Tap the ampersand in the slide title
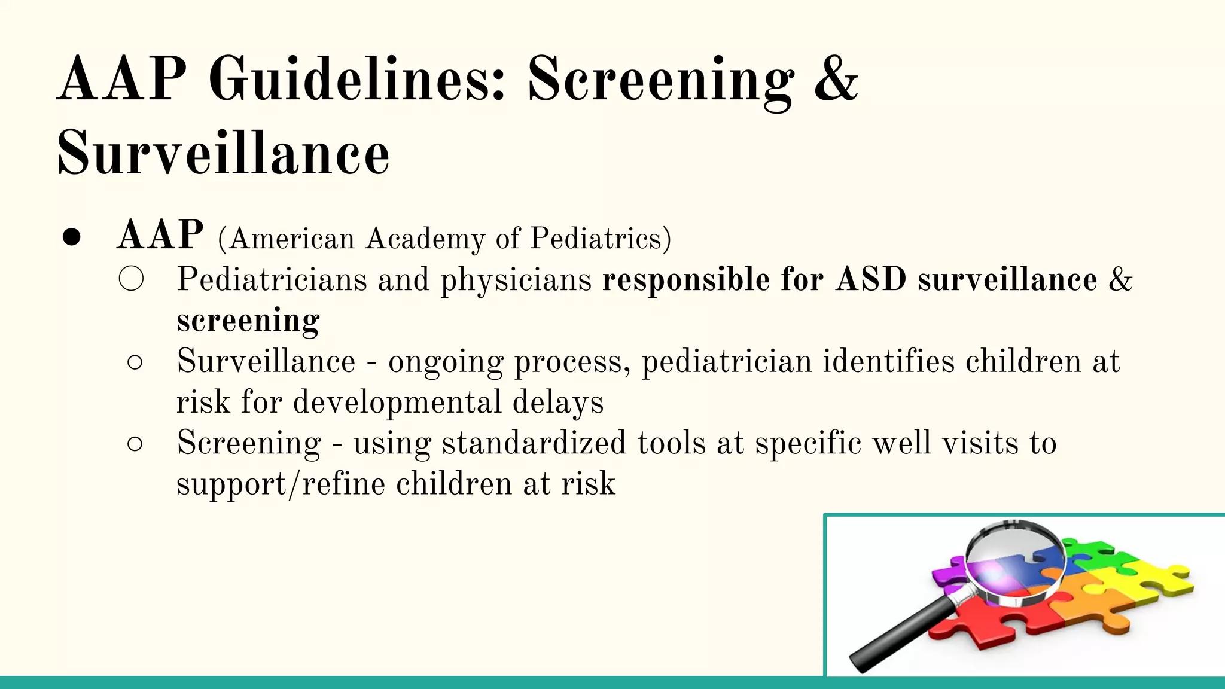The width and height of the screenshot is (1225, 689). tap(836, 80)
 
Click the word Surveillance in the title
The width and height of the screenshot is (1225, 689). tap(223, 154)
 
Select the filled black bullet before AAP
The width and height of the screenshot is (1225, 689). tap(71, 237)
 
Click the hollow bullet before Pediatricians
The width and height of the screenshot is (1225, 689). tap(131, 279)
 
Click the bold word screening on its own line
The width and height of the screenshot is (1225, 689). tap(248, 321)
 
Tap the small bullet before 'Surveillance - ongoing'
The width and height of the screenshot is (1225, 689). tap(135, 362)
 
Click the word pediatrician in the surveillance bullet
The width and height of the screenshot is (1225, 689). tap(727, 362)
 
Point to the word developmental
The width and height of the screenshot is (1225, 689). tap(397, 402)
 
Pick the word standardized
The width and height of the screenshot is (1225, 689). tap(534, 443)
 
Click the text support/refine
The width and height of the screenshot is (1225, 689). tap(281, 484)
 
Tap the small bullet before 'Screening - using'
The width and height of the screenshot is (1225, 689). tap(135, 444)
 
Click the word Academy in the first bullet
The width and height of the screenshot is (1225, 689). tap(425, 239)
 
